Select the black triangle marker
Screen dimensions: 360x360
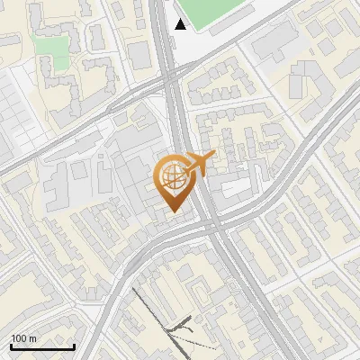[x=181, y=24]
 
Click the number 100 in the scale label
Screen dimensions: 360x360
[x=18, y=338]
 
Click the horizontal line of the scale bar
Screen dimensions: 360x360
[x=41, y=347]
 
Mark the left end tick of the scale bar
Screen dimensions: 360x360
[x=10, y=346]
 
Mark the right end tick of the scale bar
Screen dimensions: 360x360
[x=74, y=346]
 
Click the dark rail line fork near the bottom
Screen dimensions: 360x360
[x=180, y=324]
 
